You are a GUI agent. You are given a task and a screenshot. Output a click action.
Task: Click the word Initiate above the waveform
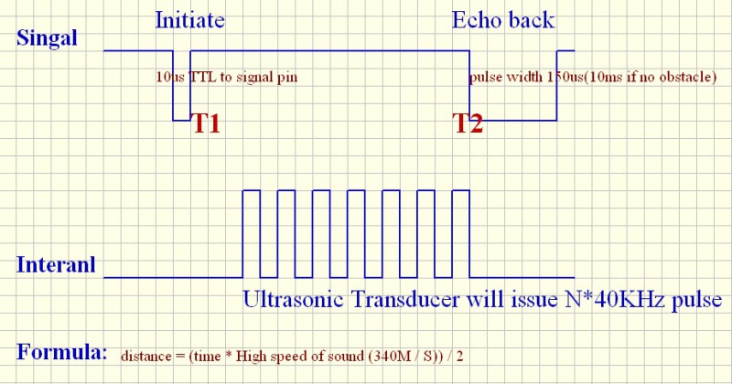click(x=189, y=20)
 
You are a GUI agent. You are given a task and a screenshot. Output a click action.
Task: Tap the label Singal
click(x=47, y=37)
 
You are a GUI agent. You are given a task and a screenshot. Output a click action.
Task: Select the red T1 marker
click(x=207, y=123)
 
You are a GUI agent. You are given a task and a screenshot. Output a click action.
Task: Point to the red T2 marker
click(x=468, y=123)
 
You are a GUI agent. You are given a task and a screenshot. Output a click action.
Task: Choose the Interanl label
click(x=56, y=264)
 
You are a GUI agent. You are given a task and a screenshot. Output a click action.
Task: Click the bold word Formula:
click(x=61, y=351)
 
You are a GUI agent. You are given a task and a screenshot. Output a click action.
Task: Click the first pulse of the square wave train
click(x=251, y=190)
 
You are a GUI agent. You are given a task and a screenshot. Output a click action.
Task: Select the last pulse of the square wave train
click(x=461, y=190)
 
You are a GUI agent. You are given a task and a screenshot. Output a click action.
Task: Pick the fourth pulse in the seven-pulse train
click(x=356, y=190)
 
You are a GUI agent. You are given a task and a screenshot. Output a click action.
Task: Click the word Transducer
click(x=405, y=300)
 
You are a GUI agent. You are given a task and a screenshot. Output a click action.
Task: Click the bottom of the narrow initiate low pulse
click(x=181, y=121)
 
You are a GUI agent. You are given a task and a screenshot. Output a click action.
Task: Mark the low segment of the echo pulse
click(x=513, y=121)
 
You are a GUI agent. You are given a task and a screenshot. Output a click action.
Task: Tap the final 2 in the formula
click(x=460, y=357)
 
